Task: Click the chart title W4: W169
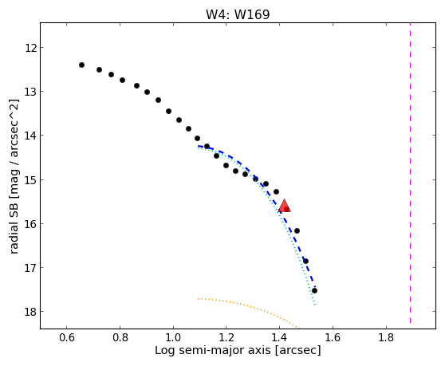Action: pos(238,14)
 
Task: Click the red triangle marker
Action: pos(284,206)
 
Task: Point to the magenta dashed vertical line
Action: pos(410,173)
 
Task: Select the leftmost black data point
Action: pos(81,65)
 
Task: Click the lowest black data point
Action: pos(314,290)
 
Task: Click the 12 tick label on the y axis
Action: pos(30,48)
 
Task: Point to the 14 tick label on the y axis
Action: pos(30,136)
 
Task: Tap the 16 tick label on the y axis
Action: pos(30,224)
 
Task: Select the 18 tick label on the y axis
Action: pos(30,312)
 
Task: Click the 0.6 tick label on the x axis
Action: pos(67,337)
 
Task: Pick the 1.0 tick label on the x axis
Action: pos(173,337)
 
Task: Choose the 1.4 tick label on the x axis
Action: pos(280,337)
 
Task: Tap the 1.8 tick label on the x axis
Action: pos(386,337)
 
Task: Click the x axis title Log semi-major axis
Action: pos(213,350)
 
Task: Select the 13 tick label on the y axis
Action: pos(30,92)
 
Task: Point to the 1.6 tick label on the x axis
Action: pos(333,337)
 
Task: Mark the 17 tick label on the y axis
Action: pos(30,268)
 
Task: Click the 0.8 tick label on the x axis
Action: pos(120,337)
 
